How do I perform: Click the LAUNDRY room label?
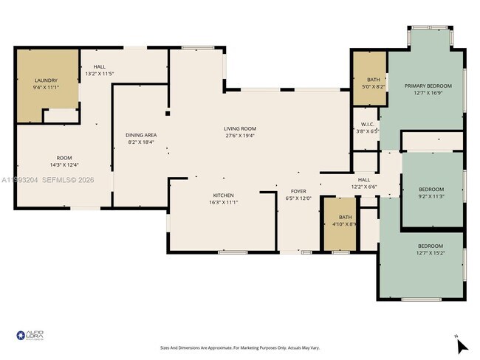[x=46, y=80]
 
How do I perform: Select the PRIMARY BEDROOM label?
[x=428, y=86]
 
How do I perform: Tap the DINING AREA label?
[x=140, y=135]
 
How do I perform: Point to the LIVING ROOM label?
[x=240, y=128]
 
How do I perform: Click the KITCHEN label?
[x=222, y=195]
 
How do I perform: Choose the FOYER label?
[x=298, y=191]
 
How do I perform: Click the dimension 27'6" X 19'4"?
[x=240, y=136]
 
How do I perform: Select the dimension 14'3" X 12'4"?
[x=64, y=165]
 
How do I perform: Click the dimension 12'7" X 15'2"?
[x=431, y=253]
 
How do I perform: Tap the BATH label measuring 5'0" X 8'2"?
[x=374, y=80]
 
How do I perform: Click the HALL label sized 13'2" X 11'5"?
[x=100, y=67]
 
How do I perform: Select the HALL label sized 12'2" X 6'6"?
[x=363, y=179]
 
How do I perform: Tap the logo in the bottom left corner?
[x=30, y=336]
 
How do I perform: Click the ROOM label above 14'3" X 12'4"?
[x=64, y=158]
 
